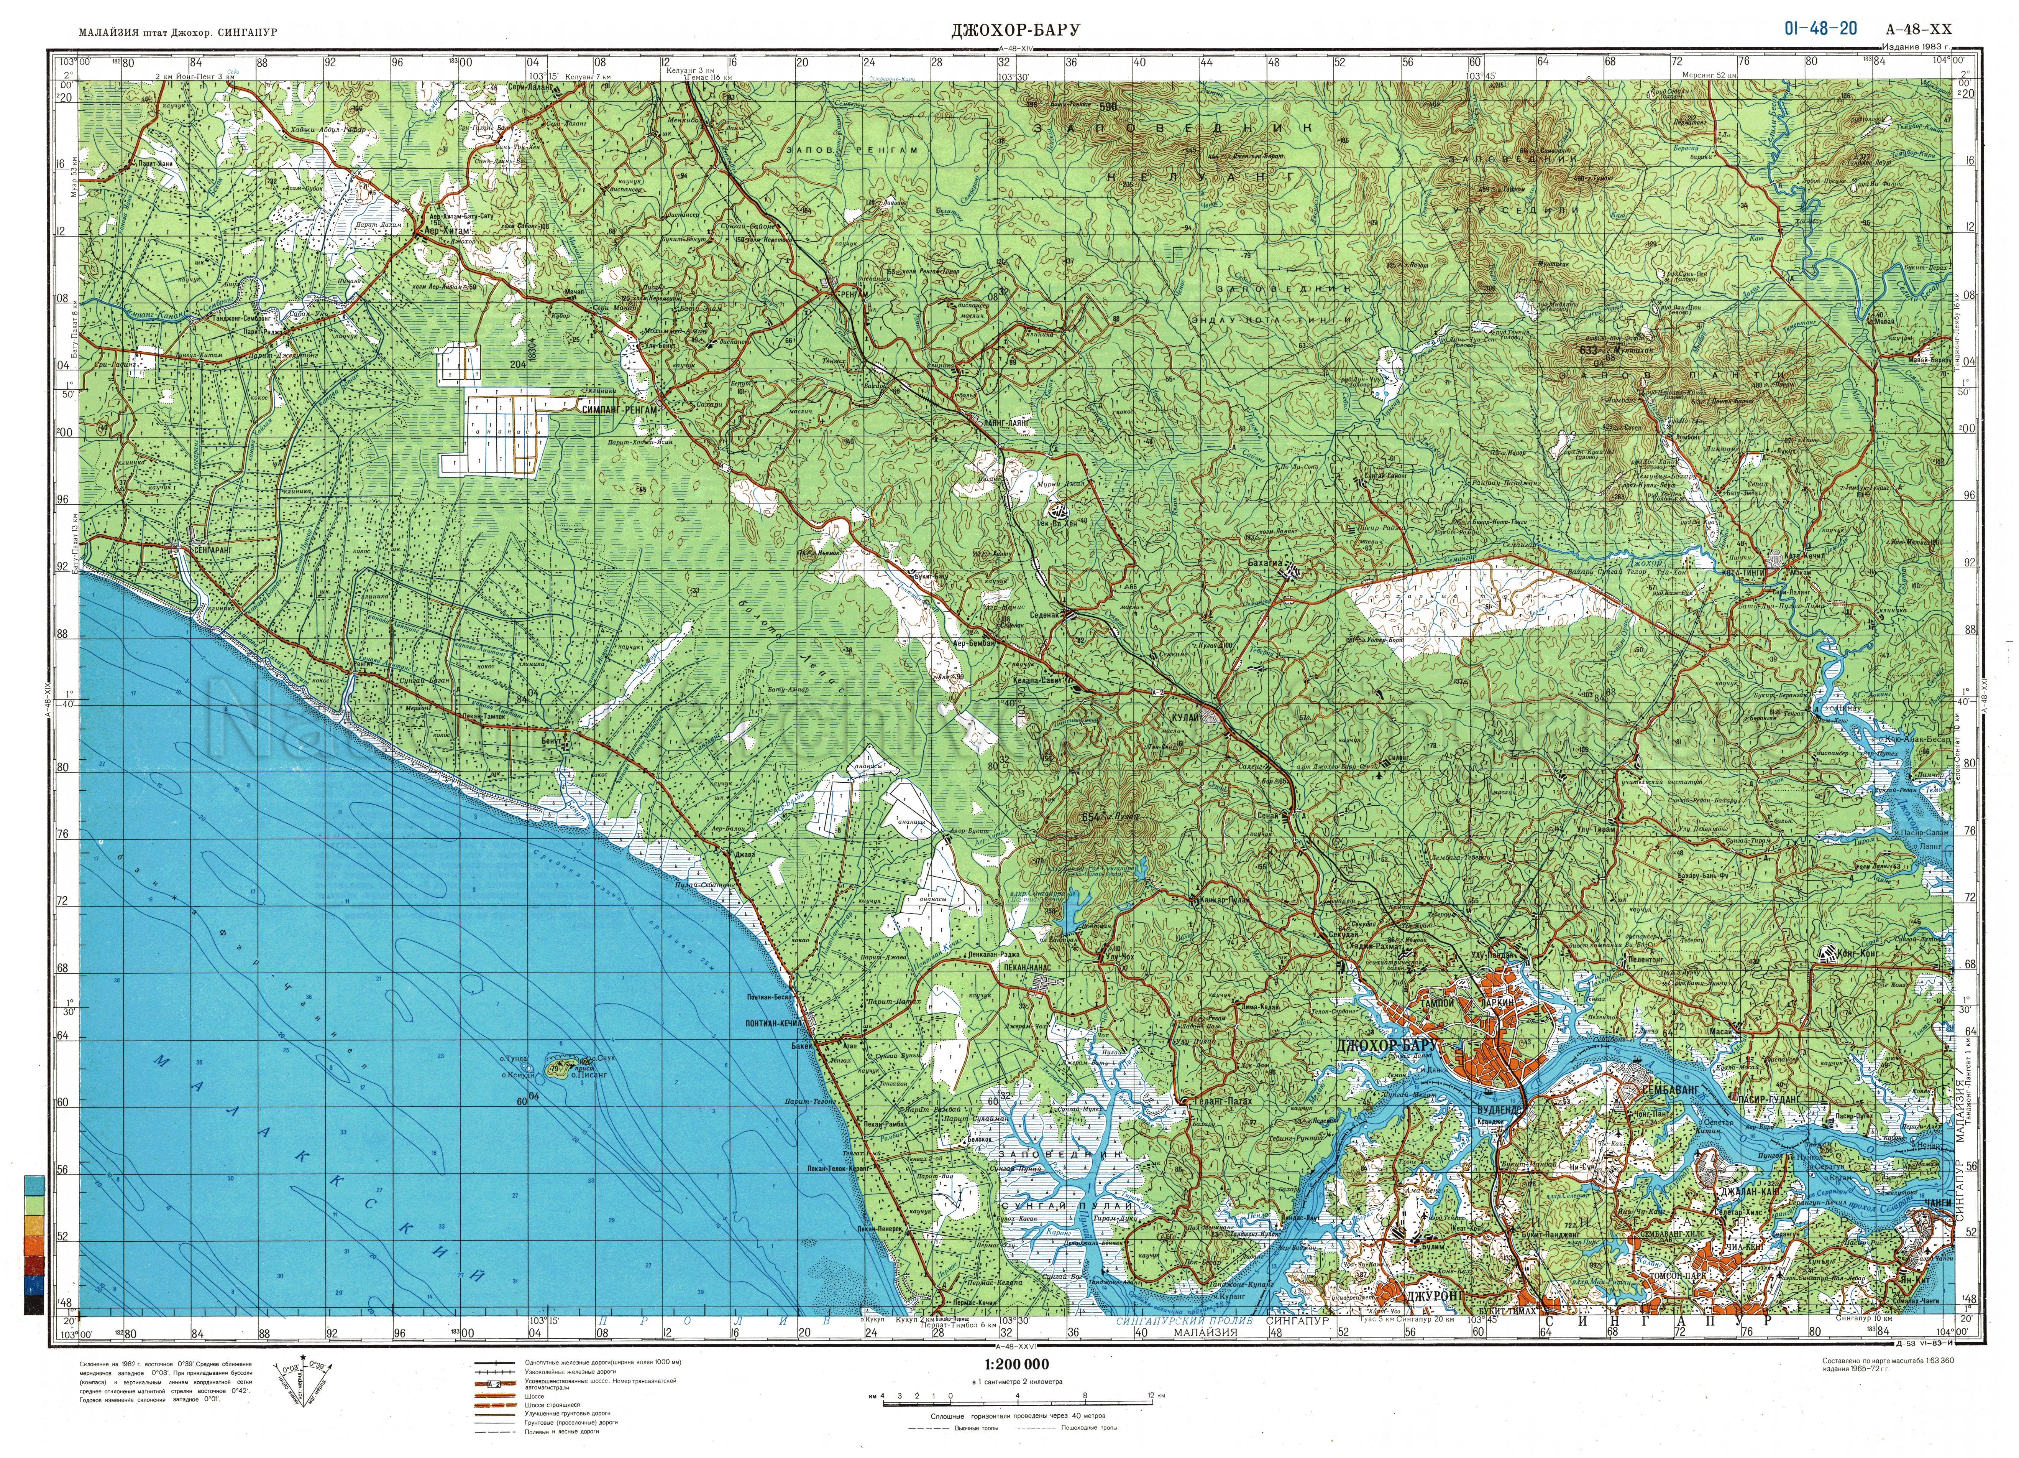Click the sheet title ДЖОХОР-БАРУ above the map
1015,30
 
